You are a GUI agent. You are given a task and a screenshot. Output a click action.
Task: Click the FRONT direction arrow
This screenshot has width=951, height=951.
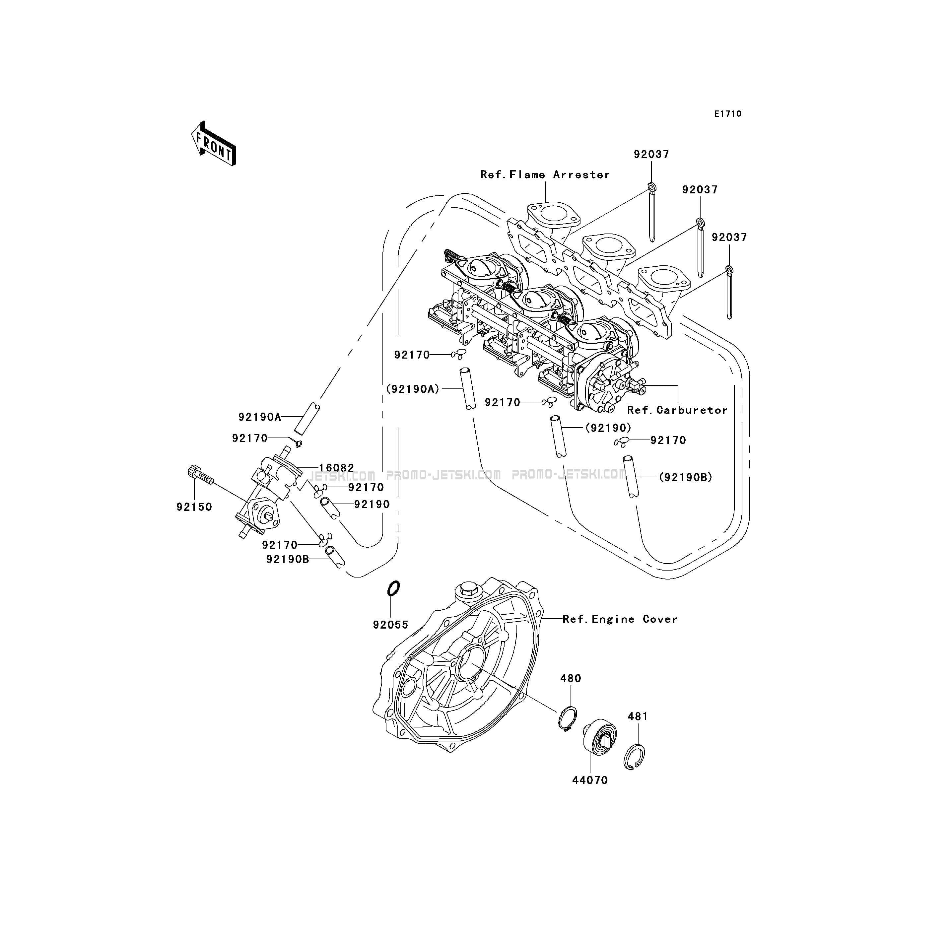pos(214,143)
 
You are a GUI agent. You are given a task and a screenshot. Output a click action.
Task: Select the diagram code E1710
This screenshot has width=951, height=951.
pos(728,114)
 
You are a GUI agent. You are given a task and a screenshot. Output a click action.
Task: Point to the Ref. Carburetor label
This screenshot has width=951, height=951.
pos(677,410)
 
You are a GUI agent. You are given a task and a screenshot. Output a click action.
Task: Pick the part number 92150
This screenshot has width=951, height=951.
pos(194,507)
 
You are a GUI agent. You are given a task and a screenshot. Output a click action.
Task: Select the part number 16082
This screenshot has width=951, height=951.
pos(337,468)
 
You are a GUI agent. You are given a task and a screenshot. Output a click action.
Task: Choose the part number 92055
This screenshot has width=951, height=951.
pos(391,625)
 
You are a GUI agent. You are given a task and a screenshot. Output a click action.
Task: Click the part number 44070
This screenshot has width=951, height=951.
pos(590,780)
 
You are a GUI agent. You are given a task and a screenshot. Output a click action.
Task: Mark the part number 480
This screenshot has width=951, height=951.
pos(571,678)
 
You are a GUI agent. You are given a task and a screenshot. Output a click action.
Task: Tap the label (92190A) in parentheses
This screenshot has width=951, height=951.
pos(413,389)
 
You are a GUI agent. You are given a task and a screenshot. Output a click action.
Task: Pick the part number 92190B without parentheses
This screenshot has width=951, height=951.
pos(288,559)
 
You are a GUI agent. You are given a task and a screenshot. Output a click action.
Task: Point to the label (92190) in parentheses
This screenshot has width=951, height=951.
pos(608,428)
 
